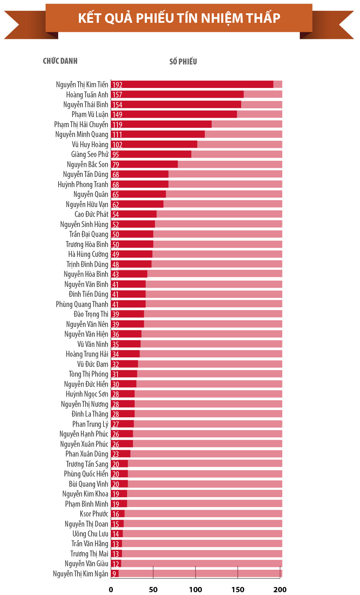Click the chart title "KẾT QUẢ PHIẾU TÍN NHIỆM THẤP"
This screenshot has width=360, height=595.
tap(179, 18)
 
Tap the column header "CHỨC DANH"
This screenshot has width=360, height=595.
tap(60, 61)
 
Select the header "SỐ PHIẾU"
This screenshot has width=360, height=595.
tap(183, 62)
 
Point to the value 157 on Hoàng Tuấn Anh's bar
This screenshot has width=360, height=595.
tap(117, 95)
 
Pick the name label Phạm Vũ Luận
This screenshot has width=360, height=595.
tap(90, 115)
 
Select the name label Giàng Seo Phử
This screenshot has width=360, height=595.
tap(90, 155)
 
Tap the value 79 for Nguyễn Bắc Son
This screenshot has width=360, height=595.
tap(116, 165)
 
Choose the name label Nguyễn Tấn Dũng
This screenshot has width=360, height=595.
tap(86, 175)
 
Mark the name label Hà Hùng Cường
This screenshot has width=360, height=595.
tap(88, 254)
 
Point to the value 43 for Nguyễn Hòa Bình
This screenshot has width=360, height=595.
tap(116, 274)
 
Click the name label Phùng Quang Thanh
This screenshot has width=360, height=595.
tap(82, 304)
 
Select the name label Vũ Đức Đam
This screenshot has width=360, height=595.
tap(93, 364)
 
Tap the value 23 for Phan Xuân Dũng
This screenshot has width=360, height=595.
tap(116, 454)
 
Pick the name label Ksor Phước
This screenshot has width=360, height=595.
tap(94, 514)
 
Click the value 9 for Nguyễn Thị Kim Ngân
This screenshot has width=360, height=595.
tap(114, 574)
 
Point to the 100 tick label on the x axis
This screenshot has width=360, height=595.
tap(196, 589)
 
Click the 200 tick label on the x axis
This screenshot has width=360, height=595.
tap(280, 589)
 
